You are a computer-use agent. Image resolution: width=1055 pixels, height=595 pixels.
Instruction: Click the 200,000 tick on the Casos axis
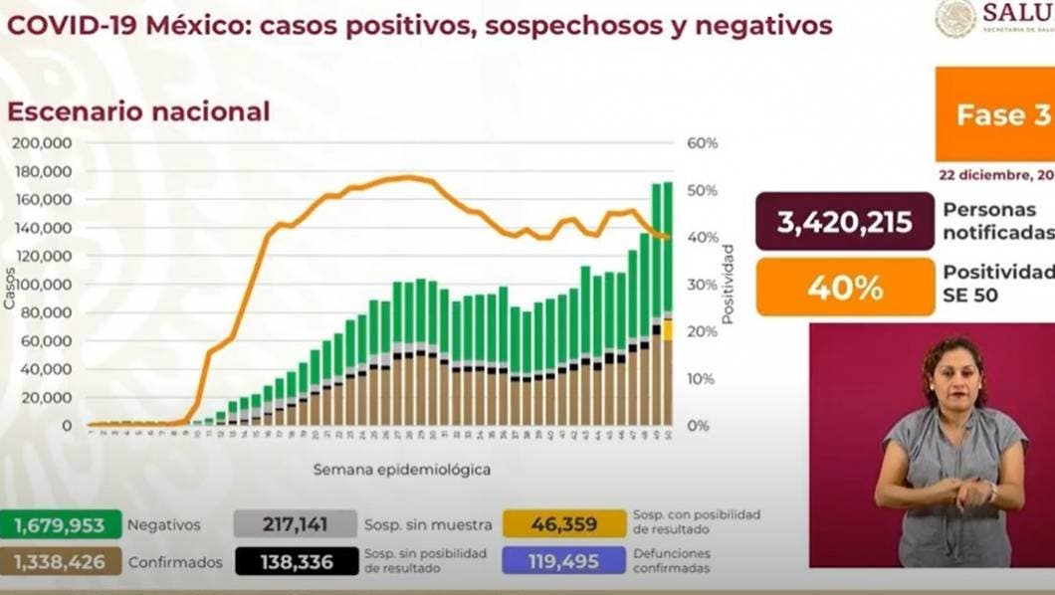pyautogui.click(x=42, y=143)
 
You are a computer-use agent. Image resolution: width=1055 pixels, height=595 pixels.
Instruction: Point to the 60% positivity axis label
pyautogui.click(x=703, y=143)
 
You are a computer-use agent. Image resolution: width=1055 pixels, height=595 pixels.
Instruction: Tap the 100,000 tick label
pyautogui.click(x=42, y=285)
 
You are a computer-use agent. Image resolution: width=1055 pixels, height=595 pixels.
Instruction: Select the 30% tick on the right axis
pyautogui.click(x=703, y=285)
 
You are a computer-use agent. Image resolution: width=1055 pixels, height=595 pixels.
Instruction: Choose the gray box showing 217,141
pyautogui.click(x=295, y=524)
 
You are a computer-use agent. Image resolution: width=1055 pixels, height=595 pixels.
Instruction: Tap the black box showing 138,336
pyautogui.click(x=295, y=561)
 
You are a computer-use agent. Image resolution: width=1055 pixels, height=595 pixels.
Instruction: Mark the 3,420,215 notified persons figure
pyautogui.click(x=845, y=222)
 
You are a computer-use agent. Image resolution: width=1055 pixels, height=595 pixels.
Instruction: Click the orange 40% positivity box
pyautogui.click(x=845, y=289)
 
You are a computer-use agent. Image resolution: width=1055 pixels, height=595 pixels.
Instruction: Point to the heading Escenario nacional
pyautogui.click(x=138, y=111)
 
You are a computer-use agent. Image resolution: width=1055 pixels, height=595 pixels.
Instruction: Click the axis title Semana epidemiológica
pyautogui.click(x=402, y=468)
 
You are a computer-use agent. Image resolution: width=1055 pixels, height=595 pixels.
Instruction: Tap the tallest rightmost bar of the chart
pyautogui.click(x=668, y=298)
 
